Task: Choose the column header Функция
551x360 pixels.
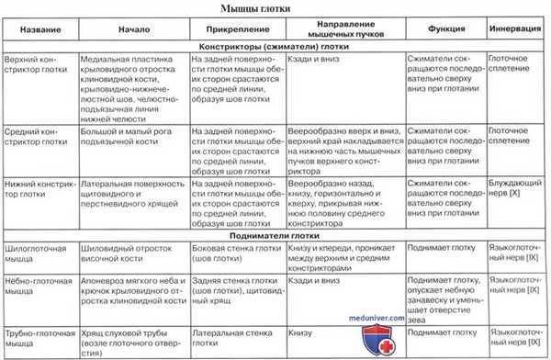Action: [444, 30]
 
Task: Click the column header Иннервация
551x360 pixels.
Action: [517, 30]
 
